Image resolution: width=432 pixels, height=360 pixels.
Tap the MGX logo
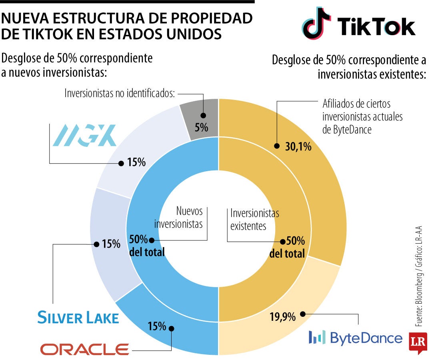(x=84, y=135)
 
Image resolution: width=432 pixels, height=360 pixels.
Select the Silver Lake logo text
(x=78, y=318)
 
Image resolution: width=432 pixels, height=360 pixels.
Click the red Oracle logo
(x=84, y=349)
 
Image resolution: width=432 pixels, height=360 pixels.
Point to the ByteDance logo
(x=355, y=338)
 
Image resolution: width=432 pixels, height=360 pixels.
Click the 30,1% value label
(x=298, y=147)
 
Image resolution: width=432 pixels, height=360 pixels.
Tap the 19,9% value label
(x=282, y=317)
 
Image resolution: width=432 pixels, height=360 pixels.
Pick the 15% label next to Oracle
(x=157, y=326)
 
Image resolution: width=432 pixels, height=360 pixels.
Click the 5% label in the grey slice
(x=202, y=128)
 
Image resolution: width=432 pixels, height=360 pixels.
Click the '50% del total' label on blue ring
(x=147, y=246)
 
